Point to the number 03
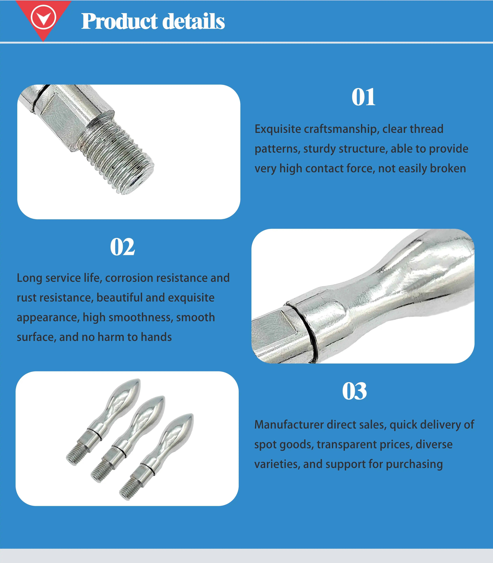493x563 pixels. coord(354,391)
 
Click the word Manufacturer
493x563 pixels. coord(289,425)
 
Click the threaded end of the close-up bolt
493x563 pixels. coord(121,159)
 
